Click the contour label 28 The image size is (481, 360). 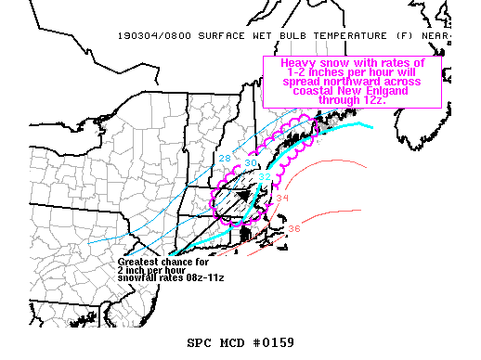(225, 158)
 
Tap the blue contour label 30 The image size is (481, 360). (251, 162)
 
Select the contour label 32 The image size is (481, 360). (265, 177)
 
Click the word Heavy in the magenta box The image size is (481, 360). (287, 63)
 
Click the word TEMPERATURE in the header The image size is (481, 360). (321, 36)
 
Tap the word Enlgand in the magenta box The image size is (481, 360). (396, 91)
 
